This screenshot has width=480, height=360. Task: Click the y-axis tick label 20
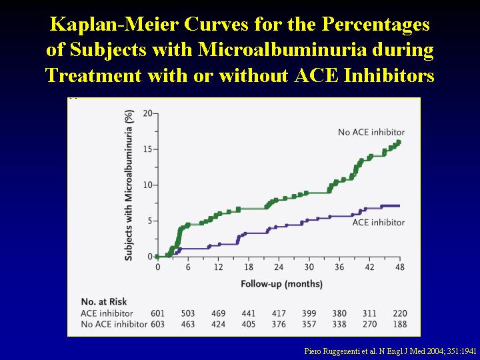point(147,113)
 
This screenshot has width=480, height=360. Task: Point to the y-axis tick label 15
point(147,149)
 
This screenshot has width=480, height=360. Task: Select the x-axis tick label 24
point(279,267)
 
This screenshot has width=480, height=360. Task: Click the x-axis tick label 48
point(400,267)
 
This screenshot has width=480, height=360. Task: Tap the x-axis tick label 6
point(187,267)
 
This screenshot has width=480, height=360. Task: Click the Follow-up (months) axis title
point(281,284)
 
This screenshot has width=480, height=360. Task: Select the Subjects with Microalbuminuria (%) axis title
point(129,185)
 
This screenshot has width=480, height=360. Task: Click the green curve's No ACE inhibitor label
point(371,132)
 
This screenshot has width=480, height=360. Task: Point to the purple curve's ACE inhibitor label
point(379,222)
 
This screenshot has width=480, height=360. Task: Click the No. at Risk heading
point(104,302)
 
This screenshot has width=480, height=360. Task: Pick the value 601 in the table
point(157,313)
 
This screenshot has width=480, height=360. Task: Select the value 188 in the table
point(400,324)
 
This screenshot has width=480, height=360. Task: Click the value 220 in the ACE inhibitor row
point(400,313)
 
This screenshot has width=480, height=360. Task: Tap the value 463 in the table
point(187,324)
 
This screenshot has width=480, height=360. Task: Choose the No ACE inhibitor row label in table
point(114,324)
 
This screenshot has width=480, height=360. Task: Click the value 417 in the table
point(279,313)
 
